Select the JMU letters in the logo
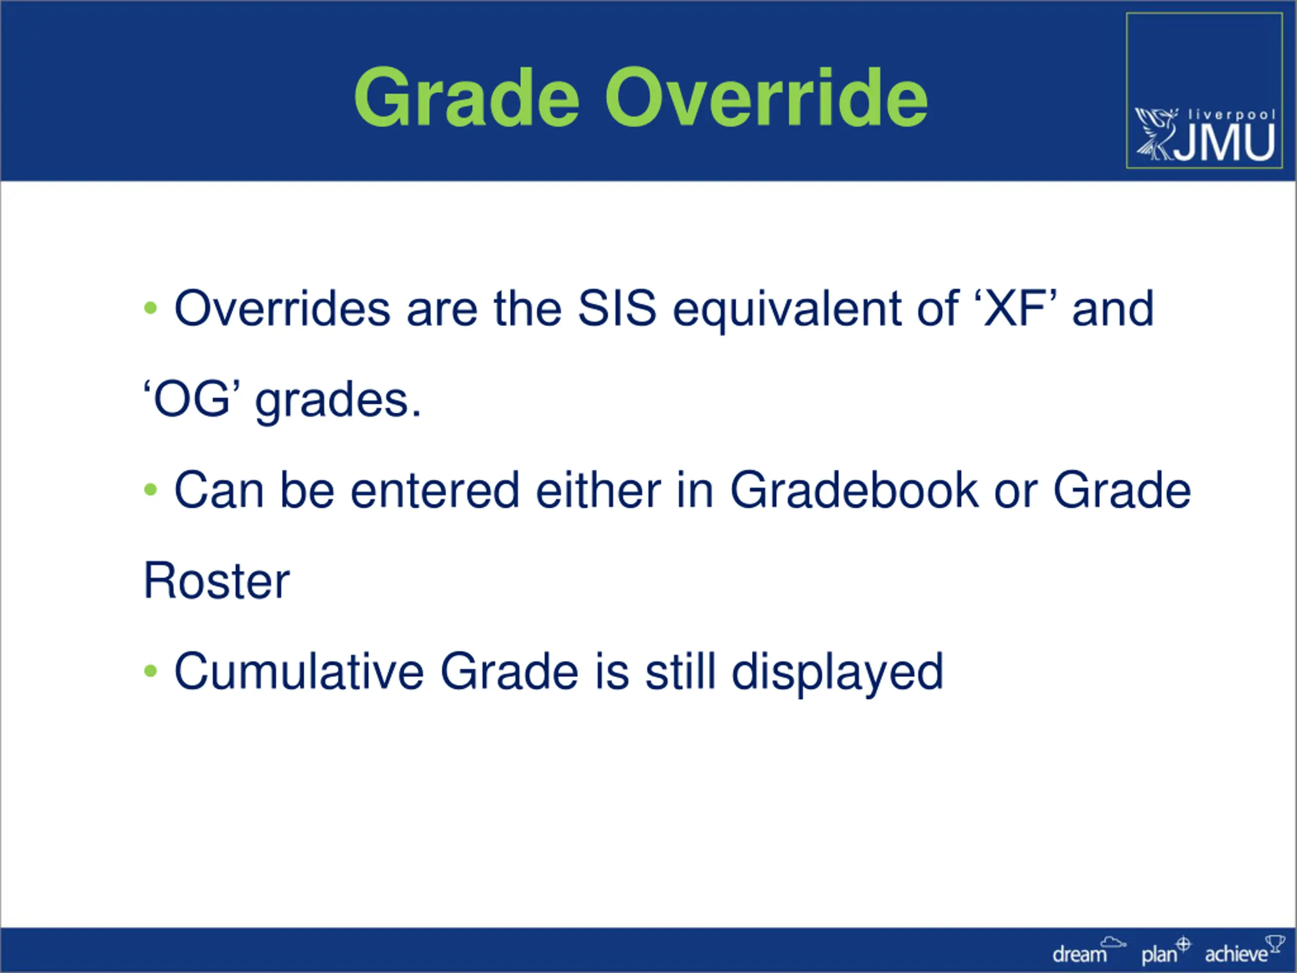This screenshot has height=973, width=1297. point(1226,142)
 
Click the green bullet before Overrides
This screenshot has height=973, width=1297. point(150,308)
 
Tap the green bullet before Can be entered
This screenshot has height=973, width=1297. point(150,489)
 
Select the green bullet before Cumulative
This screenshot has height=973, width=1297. point(150,670)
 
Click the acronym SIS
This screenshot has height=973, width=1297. point(617,308)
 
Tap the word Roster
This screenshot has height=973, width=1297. point(216,581)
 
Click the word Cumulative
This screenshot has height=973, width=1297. point(299,670)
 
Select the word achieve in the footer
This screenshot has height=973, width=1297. point(1237,954)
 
